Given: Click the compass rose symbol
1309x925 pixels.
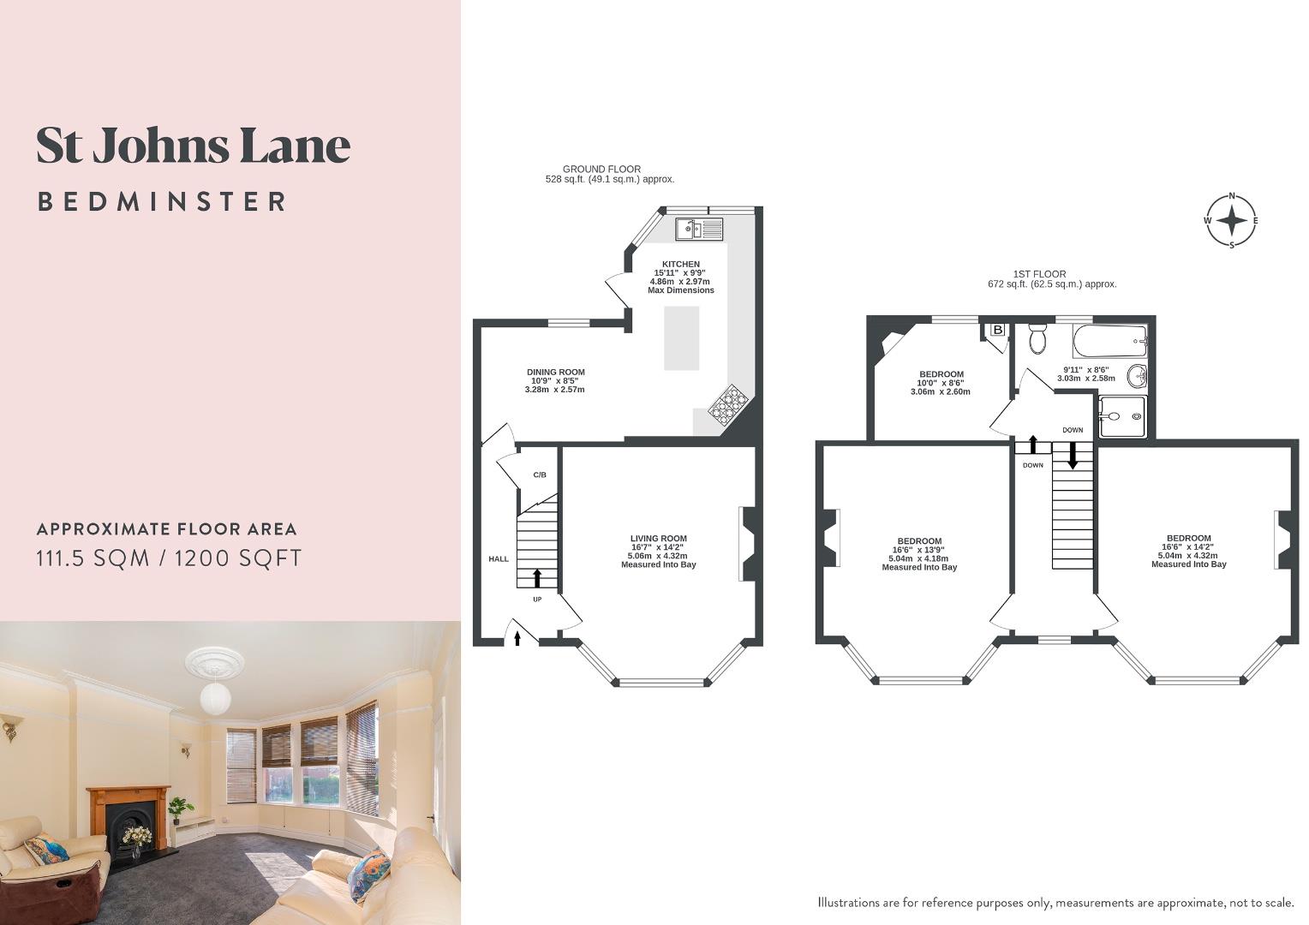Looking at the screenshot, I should coord(1232,220).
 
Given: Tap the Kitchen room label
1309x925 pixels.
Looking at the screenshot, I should coord(681,264).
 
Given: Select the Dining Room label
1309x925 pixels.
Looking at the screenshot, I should coord(555,373).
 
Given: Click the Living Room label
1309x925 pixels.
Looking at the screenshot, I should coord(658,539).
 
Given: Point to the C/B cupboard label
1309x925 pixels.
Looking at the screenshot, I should coord(540,474).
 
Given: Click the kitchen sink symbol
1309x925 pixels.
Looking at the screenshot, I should coord(698,229).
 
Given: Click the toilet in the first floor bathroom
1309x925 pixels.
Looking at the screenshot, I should coord(1037,339).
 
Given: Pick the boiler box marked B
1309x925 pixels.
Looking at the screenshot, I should coord(997,330).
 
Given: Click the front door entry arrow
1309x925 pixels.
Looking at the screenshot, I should coord(517,637).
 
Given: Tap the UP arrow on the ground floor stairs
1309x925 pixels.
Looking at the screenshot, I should coord(537,578).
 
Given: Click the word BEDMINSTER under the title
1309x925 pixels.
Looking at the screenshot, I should coord(162,202).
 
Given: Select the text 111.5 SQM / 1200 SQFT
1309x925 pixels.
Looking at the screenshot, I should coord(169,558).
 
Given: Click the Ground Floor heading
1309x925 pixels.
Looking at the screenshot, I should coord(601,170).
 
